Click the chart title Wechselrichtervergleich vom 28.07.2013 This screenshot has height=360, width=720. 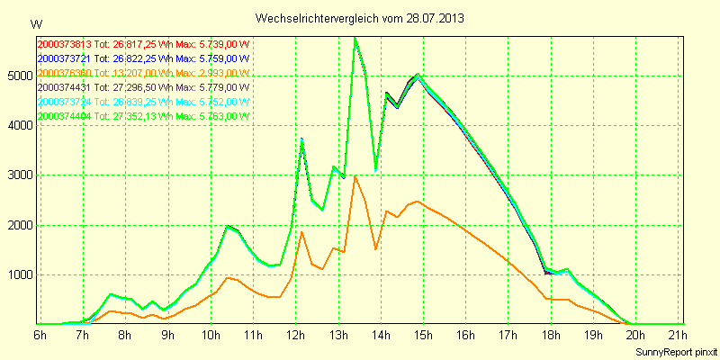[360, 18]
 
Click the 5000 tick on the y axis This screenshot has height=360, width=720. [21, 76]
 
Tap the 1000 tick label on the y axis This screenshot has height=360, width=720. [21, 275]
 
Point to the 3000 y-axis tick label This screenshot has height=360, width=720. [21, 175]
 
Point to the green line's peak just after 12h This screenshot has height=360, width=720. [301, 139]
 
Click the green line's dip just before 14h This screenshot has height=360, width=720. [375, 169]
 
